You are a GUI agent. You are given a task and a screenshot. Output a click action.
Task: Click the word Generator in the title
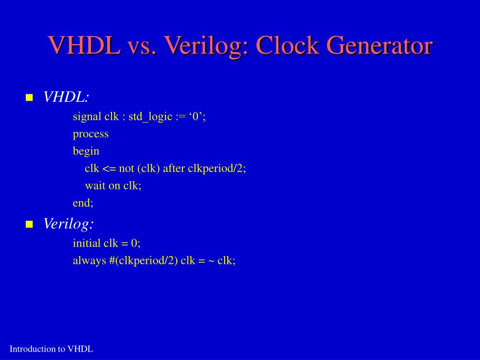point(379,46)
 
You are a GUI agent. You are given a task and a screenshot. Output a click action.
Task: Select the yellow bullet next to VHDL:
point(30,97)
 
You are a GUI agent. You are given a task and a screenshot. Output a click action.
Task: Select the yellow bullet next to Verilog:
point(30,225)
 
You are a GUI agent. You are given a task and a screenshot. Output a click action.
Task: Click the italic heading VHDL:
point(66,97)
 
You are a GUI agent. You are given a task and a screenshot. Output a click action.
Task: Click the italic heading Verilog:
point(68,224)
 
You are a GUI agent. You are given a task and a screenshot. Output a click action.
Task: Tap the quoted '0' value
point(195,117)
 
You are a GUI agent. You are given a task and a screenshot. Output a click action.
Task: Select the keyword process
point(90,135)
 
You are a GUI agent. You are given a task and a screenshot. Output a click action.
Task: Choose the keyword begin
point(86,151)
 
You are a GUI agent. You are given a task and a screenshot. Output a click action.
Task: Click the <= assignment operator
point(109,169)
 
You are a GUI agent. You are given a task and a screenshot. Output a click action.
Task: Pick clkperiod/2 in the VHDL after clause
point(216,169)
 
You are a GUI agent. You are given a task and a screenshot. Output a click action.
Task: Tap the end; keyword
point(83,203)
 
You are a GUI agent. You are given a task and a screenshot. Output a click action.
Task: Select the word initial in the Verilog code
point(87,243)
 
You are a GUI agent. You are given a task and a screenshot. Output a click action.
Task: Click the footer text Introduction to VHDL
point(52,349)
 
